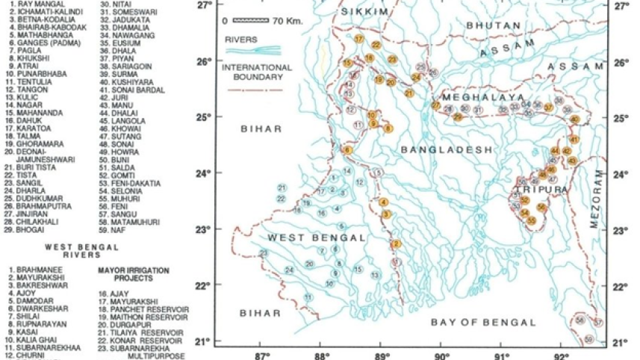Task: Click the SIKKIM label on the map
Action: [x=354, y=13]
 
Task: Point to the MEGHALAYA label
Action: [x=472, y=97]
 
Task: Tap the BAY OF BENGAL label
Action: [x=483, y=322]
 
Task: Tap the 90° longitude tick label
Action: [x=441, y=354]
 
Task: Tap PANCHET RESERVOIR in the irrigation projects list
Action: [x=146, y=308]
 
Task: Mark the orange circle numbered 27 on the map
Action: [x=436, y=105]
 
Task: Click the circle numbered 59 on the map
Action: [x=589, y=339]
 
